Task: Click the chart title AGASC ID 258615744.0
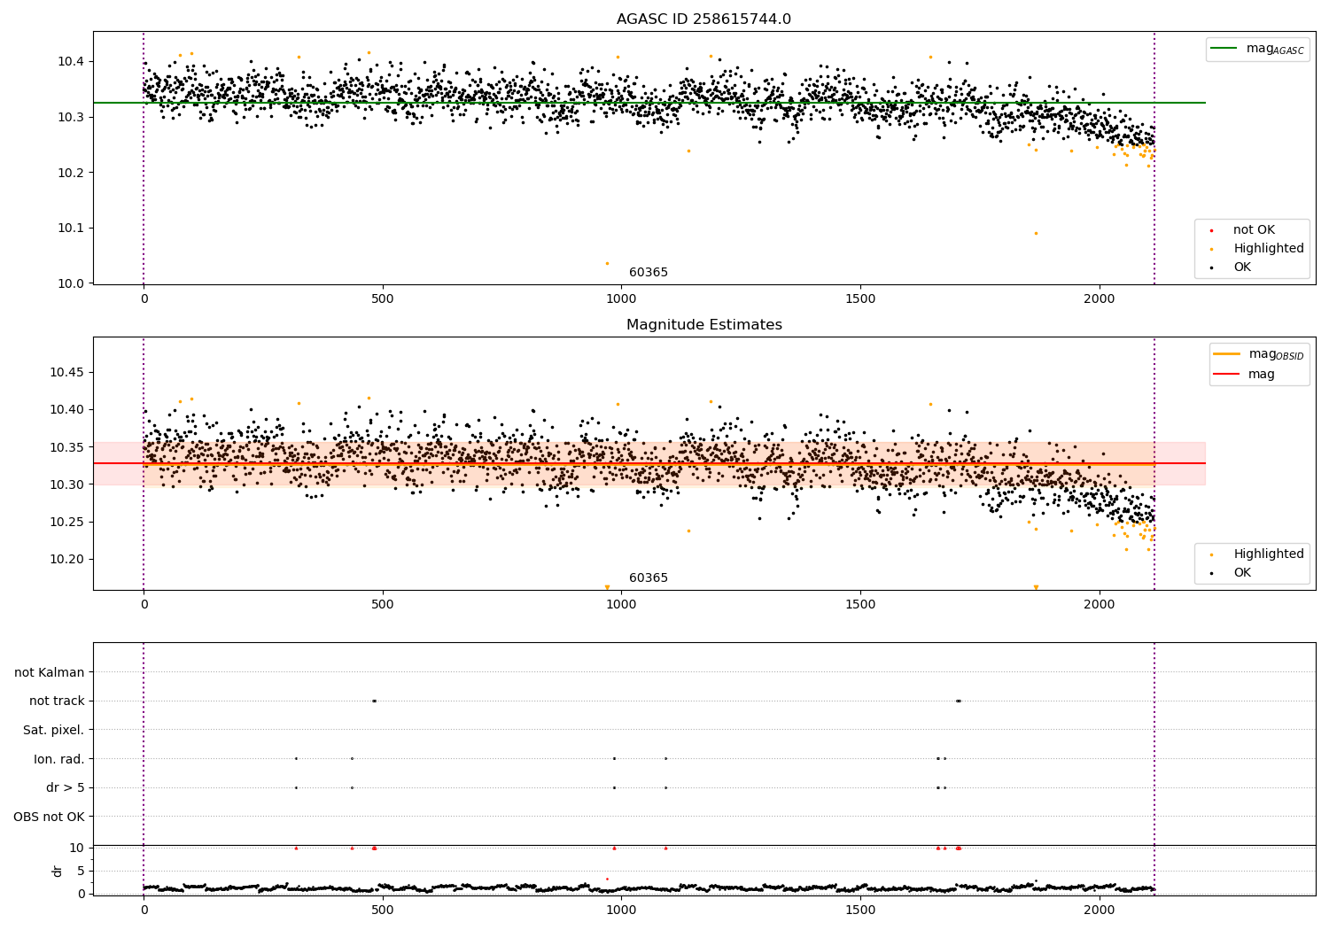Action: [x=703, y=19]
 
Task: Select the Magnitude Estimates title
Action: [x=703, y=325]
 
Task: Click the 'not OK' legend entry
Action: [x=1253, y=230]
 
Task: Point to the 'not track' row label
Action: [x=57, y=701]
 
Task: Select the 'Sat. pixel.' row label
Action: [x=54, y=730]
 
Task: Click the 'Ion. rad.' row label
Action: [x=59, y=759]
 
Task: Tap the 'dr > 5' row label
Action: [x=66, y=787]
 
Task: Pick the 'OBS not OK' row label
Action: [x=50, y=817]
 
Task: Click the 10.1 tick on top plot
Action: [x=72, y=228]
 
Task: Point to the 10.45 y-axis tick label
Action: [x=67, y=372]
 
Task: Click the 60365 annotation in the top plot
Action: [x=649, y=273]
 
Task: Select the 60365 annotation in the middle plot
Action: [x=649, y=578]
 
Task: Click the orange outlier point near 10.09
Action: [x=1036, y=233]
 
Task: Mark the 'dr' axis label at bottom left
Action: [x=58, y=871]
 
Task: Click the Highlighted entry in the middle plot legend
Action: [x=1268, y=554]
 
